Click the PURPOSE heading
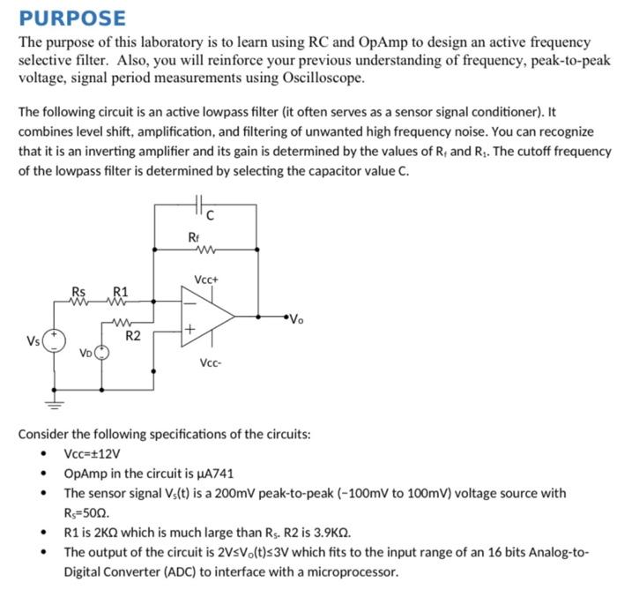pos(72,18)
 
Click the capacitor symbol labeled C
pos(200,204)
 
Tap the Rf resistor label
pos(194,236)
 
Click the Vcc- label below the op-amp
pos(209,364)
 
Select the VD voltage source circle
pos(102,353)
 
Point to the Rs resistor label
pos(79,292)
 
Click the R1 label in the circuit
pos(120,292)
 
